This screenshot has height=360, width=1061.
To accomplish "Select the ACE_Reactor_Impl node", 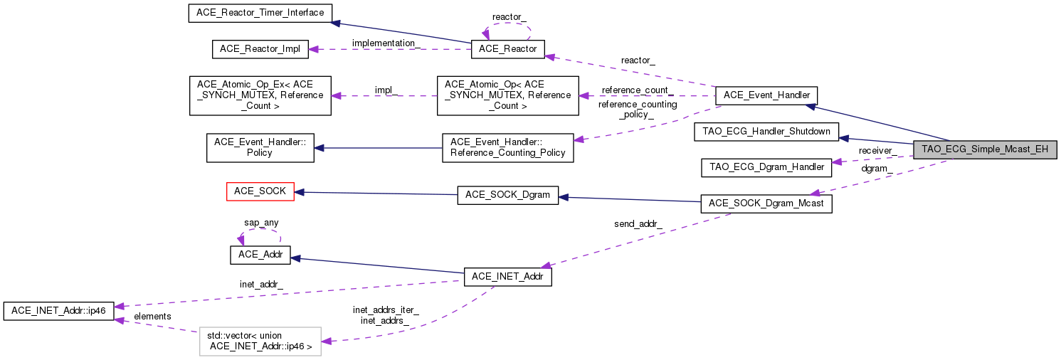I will tap(260, 49).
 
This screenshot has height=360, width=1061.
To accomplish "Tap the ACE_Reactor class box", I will tap(508, 49).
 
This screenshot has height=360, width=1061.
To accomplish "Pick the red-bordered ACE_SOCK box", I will tap(260, 191).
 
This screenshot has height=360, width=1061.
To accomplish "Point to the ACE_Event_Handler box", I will tap(766, 95).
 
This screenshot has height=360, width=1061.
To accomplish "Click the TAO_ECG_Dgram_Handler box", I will tap(766, 168).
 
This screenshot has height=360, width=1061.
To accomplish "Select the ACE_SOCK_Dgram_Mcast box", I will tap(766, 203).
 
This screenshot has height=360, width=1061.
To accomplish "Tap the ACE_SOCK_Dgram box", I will tap(507, 194).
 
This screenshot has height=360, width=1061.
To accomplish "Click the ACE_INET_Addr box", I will tap(507, 277).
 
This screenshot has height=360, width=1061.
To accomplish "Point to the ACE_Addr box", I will tap(260, 255).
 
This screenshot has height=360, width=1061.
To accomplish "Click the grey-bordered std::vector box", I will tap(260, 342).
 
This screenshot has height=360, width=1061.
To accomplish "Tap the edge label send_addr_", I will tap(638, 224).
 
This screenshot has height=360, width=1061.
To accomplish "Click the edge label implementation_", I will tap(386, 43).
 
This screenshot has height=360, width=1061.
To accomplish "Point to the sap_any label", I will tap(261, 223).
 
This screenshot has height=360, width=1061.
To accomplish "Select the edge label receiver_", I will tap(877, 150).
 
